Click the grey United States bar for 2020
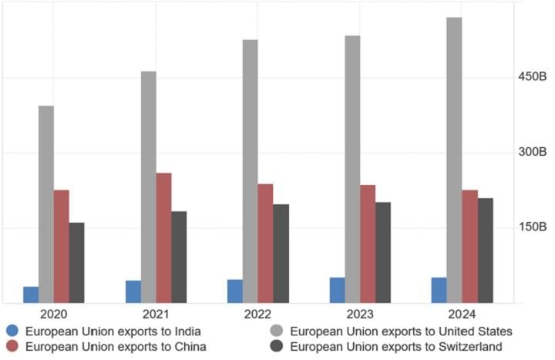46,204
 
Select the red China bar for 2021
163,237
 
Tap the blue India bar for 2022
235,291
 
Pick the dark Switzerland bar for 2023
382,252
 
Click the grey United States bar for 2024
454,160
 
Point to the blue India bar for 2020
31,294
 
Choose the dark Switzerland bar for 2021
179,257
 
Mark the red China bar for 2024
469,246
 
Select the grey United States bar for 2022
251,171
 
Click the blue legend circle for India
12,331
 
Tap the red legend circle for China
12,346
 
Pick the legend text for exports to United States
402,331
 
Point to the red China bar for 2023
367,244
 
